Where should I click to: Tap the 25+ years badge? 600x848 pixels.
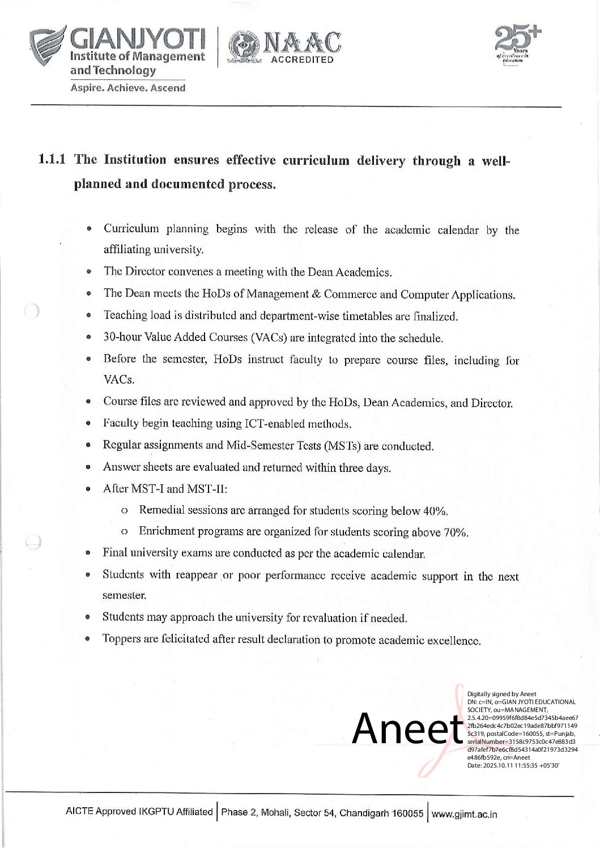[516, 45]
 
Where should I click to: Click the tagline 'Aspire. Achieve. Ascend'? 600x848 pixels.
[127, 88]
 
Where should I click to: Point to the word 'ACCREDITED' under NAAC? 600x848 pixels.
[303, 60]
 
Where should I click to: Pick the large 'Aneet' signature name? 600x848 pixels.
[407, 729]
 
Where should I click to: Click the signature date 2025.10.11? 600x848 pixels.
[504, 765]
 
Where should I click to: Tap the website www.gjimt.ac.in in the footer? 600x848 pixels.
[464, 814]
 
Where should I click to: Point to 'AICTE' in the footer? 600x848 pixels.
[79, 811]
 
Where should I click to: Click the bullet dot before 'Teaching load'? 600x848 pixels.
[89, 316]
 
